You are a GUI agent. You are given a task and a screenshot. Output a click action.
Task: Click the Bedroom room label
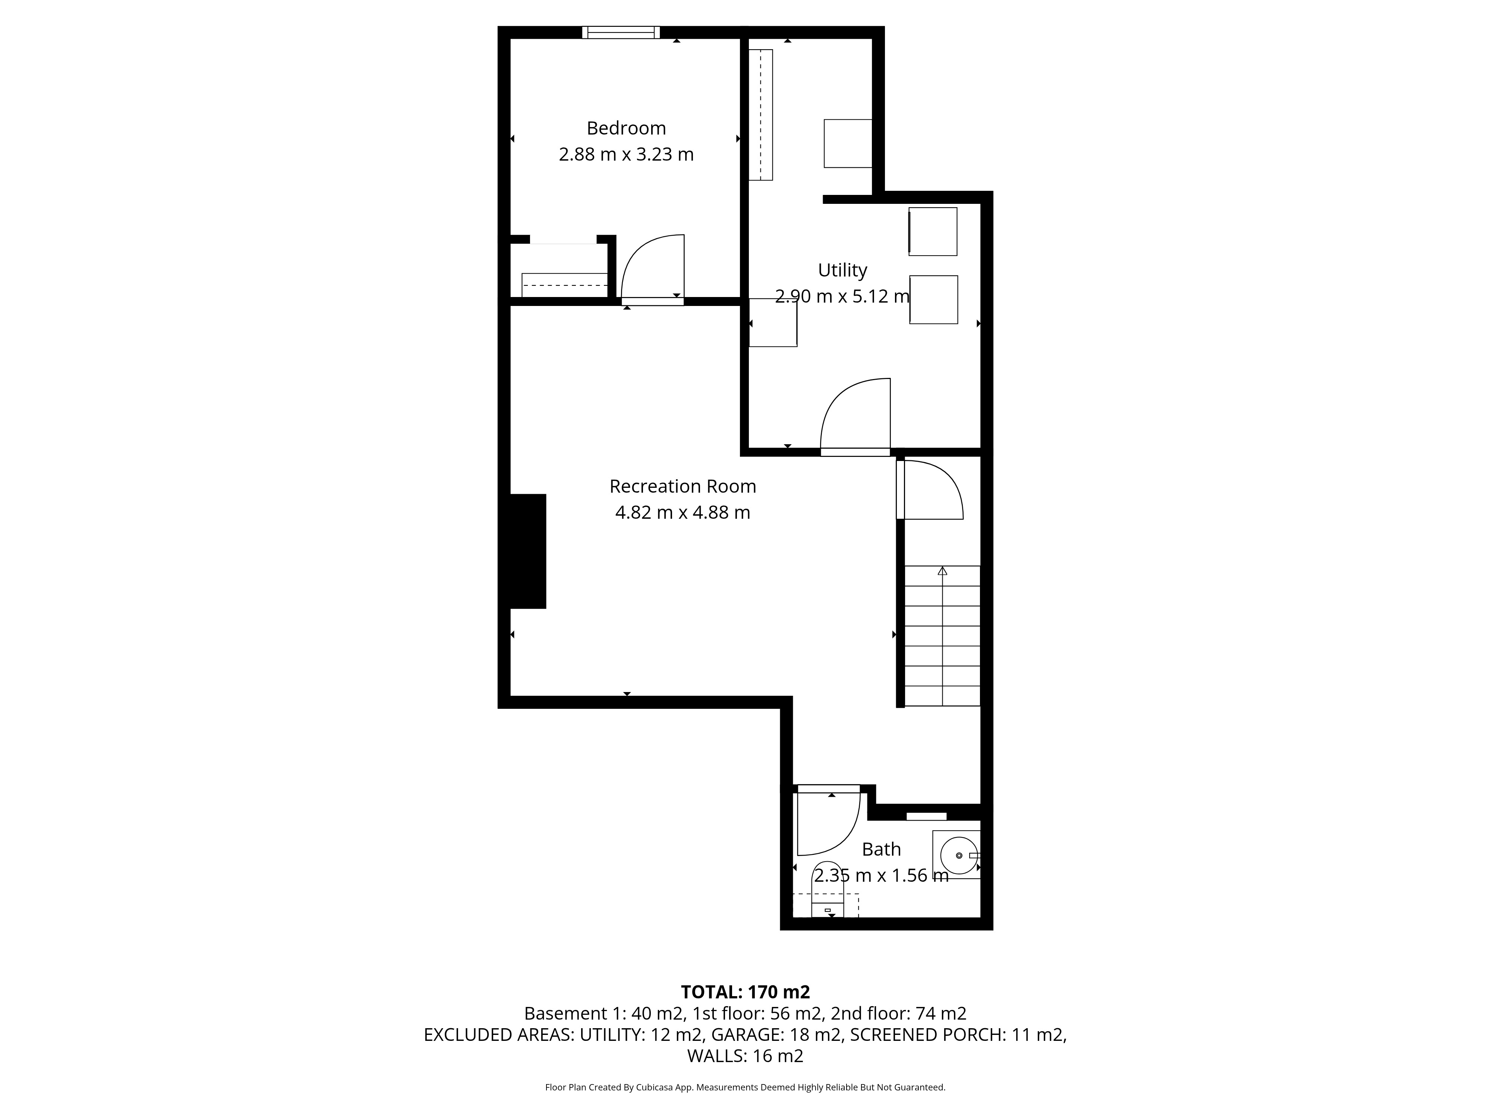[x=626, y=128]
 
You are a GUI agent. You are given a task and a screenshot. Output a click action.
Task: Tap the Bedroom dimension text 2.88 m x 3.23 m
[x=626, y=154]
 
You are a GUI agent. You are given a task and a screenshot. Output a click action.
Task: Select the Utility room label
[x=842, y=270]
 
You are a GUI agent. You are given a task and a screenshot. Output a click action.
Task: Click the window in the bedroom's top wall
[x=621, y=32]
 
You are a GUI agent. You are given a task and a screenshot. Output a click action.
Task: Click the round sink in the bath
[x=958, y=855]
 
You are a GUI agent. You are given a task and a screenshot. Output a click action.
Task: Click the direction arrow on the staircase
[x=942, y=571]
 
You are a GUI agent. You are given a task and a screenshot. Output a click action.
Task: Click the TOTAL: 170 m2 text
[x=745, y=992]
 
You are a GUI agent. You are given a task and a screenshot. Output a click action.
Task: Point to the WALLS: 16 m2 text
[x=745, y=1056]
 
